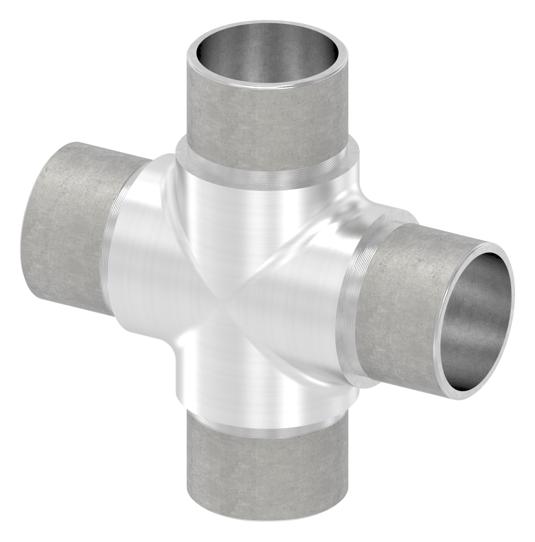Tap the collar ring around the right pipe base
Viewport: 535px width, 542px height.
click(x=358, y=293)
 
